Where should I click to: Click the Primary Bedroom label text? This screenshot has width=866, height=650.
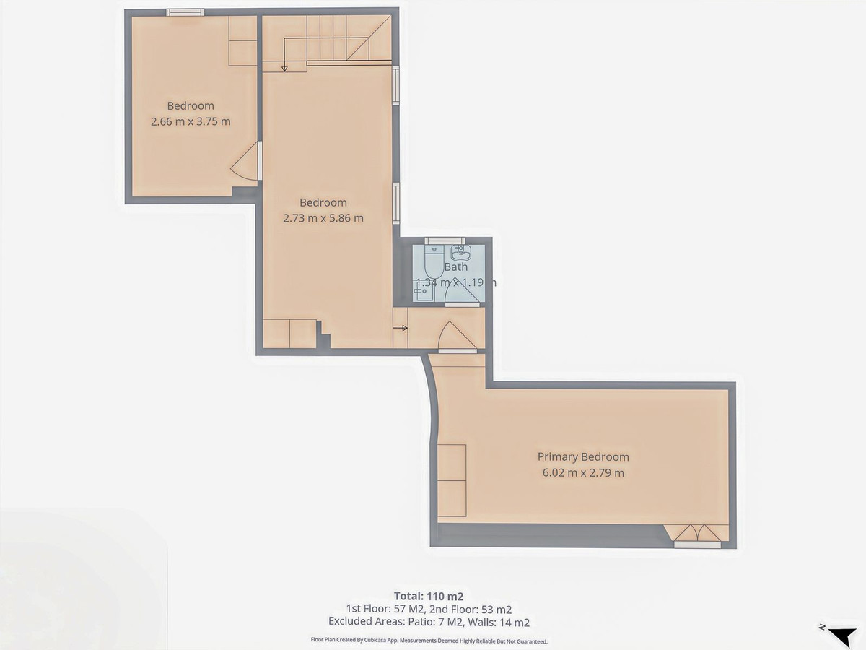point(583,456)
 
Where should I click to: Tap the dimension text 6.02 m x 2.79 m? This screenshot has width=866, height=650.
point(583,473)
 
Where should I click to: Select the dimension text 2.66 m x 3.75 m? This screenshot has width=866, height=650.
point(191,121)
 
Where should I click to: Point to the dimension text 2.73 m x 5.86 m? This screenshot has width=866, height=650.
point(323,217)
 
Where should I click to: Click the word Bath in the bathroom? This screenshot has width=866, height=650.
point(455,266)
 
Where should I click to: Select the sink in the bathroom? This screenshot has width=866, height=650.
point(460,252)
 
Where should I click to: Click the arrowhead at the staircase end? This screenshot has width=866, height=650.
point(284,69)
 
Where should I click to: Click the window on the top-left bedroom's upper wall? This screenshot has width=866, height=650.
point(185,12)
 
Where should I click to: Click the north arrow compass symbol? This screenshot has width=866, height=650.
point(840,635)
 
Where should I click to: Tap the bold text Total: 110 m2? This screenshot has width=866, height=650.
point(428,596)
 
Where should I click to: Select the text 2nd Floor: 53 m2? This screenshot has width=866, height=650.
point(473,609)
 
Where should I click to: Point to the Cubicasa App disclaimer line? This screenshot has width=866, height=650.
point(429,640)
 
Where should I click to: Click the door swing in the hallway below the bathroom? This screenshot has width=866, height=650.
point(455,335)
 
